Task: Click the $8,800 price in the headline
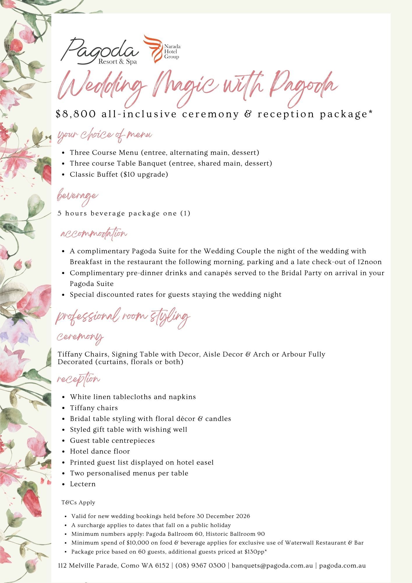tap(75, 114)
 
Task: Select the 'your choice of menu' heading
tap(105, 135)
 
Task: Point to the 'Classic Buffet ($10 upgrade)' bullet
tap(119, 174)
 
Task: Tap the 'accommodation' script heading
tap(94, 233)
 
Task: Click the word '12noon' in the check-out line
tap(369, 262)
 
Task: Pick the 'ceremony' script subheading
tap(80, 337)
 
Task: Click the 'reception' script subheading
tap(78, 379)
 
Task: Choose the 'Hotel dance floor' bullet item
tap(100, 451)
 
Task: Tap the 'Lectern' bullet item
tap(83, 484)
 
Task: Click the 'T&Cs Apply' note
tap(78, 503)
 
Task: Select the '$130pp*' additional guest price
tap(256, 552)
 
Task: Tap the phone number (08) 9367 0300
tap(200, 566)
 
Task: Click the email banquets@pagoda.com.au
tap(272, 566)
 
